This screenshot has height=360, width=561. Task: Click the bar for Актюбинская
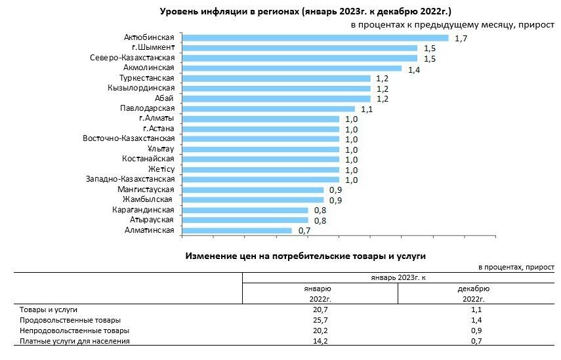click(x=313, y=38)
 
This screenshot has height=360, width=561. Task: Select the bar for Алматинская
click(x=235, y=230)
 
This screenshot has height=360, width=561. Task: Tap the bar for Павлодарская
click(x=266, y=109)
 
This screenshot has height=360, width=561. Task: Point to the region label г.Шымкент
click(x=152, y=48)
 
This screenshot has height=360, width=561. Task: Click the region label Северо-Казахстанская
click(x=132, y=58)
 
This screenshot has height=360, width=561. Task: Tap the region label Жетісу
click(x=161, y=169)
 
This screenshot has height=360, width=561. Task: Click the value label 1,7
click(x=461, y=39)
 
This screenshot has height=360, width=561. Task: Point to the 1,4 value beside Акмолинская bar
click(x=414, y=69)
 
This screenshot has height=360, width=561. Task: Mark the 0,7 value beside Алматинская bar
click(x=304, y=231)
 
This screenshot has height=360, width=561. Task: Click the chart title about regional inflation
click(x=306, y=12)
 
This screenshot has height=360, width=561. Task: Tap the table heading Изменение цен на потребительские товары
click(x=310, y=254)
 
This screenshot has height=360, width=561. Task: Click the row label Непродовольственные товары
click(x=74, y=330)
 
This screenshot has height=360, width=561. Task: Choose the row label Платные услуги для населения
click(x=75, y=341)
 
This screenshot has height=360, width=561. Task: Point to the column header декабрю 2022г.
click(x=476, y=294)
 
